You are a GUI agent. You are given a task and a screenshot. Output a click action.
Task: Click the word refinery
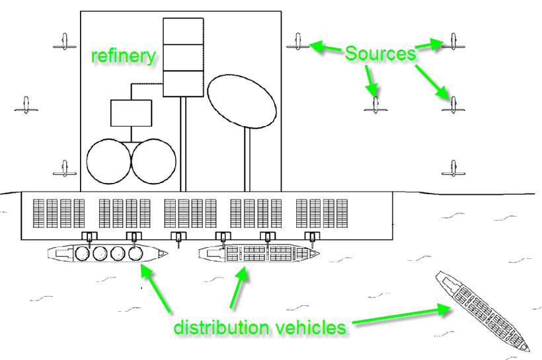pyautogui.click(x=124, y=55)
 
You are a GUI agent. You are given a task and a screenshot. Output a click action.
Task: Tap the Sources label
pyautogui.click(x=380, y=53)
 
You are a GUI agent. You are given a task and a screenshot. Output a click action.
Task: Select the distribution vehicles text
pyautogui.click(x=259, y=327)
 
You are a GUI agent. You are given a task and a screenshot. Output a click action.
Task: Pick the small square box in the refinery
pyautogui.click(x=131, y=113)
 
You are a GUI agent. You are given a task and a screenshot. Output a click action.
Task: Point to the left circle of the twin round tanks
pyautogui.click(x=108, y=162)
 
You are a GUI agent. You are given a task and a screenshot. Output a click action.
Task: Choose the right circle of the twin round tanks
pyautogui.click(x=154, y=162)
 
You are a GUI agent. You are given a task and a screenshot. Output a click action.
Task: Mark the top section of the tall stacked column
pyautogui.click(x=183, y=31)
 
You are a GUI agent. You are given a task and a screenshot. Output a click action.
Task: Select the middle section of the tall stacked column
pyautogui.click(x=183, y=57)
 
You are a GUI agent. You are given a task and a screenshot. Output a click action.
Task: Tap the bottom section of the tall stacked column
pyautogui.click(x=183, y=83)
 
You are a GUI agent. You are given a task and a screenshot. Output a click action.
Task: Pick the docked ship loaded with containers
pyautogui.click(x=258, y=254)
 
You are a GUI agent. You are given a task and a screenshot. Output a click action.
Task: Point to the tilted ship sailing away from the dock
pyautogui.click(x=483, y=310)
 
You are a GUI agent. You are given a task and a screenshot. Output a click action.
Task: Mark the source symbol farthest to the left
pyautogui.click(x=26, y=105)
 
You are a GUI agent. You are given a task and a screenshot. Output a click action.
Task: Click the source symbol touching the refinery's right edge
pyautogui.click(x=297, y=44)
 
